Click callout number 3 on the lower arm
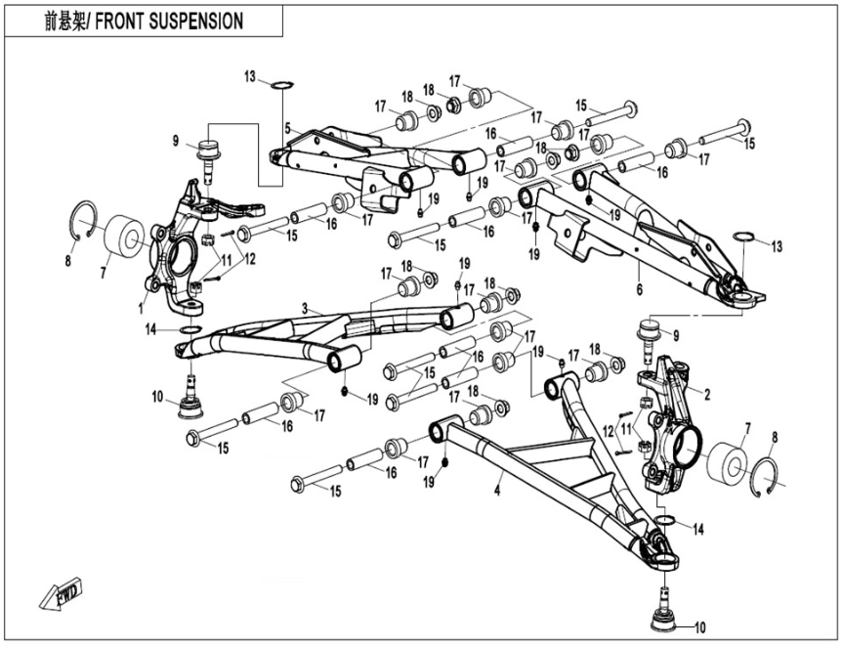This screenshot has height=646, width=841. click(305, 308)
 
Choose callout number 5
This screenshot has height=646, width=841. click(287, 128)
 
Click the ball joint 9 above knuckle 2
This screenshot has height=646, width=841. click(651, 332)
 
